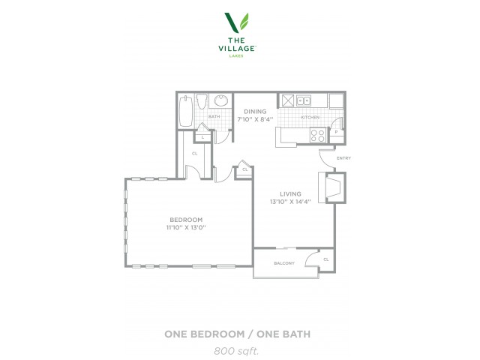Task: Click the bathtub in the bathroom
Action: (185, 111)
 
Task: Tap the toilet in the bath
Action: (202, 101)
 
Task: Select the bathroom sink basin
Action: (220, 100)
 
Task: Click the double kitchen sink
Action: (303, 100)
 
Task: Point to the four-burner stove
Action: (318, 135)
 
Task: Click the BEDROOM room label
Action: (186, 220)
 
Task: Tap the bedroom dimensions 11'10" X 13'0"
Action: (186, 227)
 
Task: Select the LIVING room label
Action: (290, 193)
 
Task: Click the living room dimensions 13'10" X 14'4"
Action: (290, 202)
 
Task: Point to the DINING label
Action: (255, 112)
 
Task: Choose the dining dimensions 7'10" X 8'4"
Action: (255, 119)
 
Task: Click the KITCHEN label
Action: (310, 117)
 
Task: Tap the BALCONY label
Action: (284, 263)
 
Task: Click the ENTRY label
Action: (343, 158)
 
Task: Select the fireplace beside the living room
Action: (332, 187)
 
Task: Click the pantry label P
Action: (336, 132)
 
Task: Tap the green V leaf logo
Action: (237, 22)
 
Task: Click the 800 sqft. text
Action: (236, 351)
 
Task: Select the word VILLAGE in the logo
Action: (237, 48)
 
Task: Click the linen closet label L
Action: (202, 137)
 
